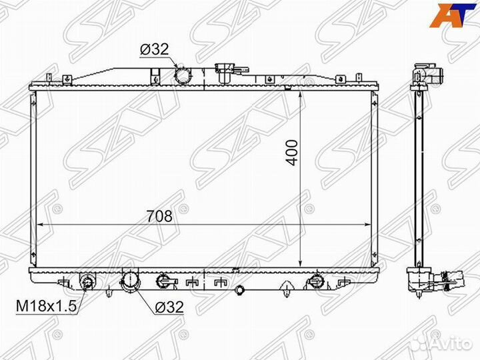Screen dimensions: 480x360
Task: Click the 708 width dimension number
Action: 159,216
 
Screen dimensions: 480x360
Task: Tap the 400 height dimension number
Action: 293,153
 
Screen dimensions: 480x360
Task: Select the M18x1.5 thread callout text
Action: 46,306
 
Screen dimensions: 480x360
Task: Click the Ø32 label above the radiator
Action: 154,49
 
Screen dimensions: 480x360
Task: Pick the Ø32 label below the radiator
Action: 169,307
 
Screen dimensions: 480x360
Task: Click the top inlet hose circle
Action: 182,75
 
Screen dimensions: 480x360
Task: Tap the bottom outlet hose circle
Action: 130,281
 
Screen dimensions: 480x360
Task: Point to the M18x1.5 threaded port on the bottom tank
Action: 87,281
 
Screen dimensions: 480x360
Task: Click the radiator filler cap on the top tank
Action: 225,73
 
